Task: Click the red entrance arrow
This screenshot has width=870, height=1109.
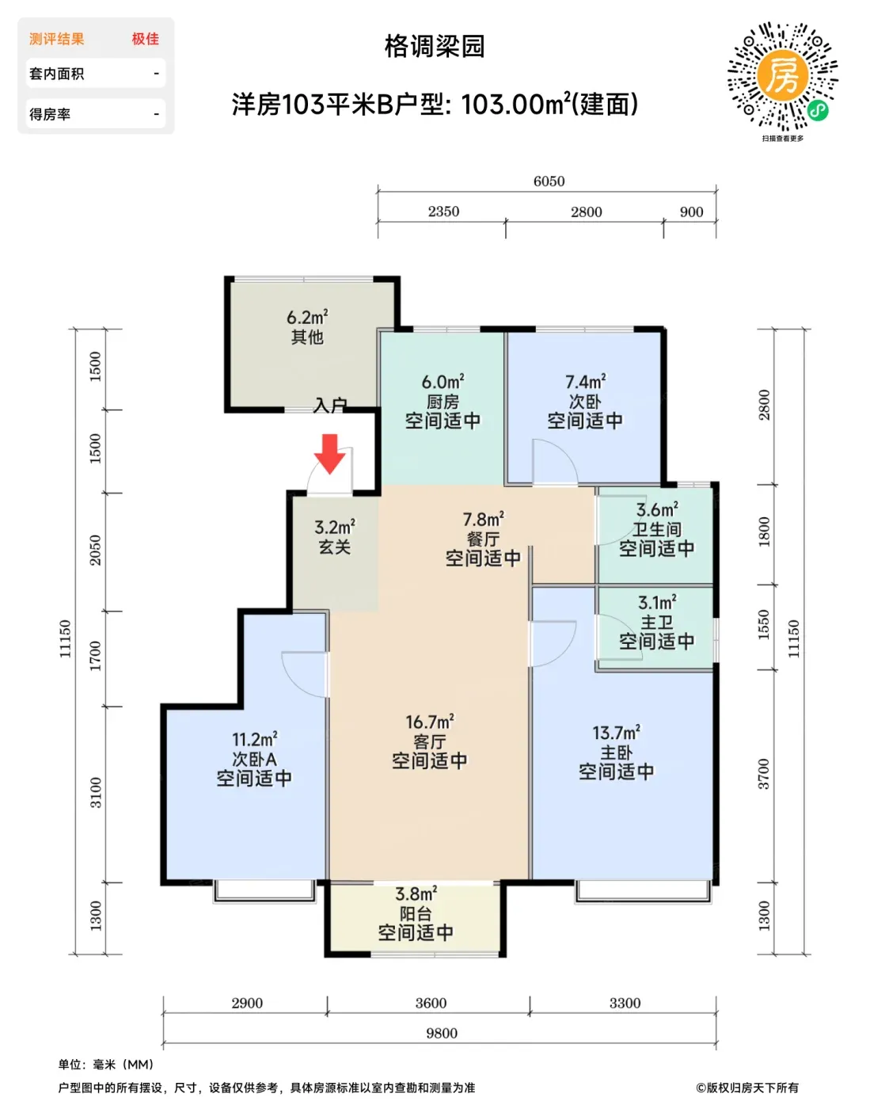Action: click(330, 454)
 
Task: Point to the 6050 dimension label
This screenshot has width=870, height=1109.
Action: click(549, 181)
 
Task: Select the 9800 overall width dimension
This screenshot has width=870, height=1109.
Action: click(442, 1033)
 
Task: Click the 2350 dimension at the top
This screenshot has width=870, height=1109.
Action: click(443, 212)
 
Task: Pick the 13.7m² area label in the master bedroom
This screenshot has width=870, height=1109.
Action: click(616, 733)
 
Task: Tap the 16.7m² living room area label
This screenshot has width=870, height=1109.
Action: click(429, 722)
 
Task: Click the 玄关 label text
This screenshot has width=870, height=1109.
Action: click(335, 547)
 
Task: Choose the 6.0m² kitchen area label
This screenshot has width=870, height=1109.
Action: click(443, 382)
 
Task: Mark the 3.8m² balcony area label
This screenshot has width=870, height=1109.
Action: click(416, 894)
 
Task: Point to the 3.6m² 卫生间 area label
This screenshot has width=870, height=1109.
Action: click(657, 509)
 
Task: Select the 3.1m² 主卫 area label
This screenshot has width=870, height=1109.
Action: click(657, 602)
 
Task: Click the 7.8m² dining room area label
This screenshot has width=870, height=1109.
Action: click(484, 520)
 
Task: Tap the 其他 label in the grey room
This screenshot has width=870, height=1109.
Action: click(307, 337)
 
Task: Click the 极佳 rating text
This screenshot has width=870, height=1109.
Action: click(146, 39)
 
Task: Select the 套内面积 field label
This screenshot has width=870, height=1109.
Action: click(57, 74)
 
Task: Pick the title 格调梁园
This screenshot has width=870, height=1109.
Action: click(435, 47)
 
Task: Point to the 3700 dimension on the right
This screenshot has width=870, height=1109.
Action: click(763, 774)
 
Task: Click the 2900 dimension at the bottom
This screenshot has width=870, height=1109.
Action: click(247, 1003)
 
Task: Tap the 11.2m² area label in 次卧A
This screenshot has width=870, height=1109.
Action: click(254, 739)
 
